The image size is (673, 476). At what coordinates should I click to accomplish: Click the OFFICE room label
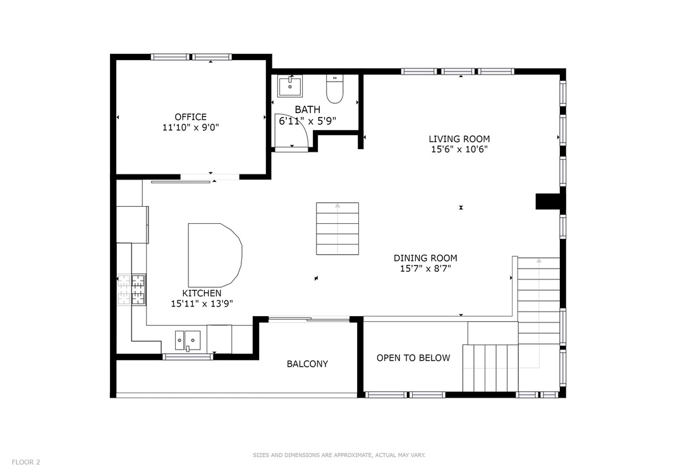[190, 117]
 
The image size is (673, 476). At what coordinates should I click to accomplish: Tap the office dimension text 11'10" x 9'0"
[190, 127]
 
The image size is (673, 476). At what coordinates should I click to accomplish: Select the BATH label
[307, 110]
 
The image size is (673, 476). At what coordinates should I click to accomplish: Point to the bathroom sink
[290, 86]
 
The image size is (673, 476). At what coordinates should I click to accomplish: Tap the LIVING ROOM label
[459, 139]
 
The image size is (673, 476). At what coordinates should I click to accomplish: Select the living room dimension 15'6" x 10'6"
[459, 149]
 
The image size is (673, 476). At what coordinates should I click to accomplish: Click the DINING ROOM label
[425, 258]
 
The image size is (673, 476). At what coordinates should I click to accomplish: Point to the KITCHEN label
[202, 293]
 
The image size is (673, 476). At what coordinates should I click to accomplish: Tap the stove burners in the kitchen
[131, 290]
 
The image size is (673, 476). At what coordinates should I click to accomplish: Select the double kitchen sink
[188, 340]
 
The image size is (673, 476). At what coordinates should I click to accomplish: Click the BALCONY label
[307, 364]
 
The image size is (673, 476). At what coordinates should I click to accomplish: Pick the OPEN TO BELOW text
[413, 358]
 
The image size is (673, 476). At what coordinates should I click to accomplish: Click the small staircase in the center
[337, 228]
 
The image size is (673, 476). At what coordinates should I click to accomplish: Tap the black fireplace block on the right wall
[549, 201]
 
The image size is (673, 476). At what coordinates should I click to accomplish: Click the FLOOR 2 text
[26, 462]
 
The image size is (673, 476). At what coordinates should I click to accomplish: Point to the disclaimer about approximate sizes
[339, 455]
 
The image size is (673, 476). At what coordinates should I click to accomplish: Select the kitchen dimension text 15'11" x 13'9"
[202, 303]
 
